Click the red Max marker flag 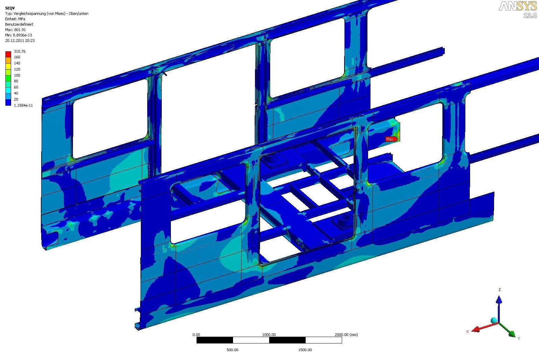click(391, 139)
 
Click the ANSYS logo click(518, 6)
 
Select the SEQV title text click(10, 8)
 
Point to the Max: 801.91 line click(16, 30)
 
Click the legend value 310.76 click(20, 51)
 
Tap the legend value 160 click(17, 57)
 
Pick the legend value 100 click(17, 75)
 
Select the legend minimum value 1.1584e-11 click(23, 105)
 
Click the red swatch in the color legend click(8, 54)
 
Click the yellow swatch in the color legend click(8, 66)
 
